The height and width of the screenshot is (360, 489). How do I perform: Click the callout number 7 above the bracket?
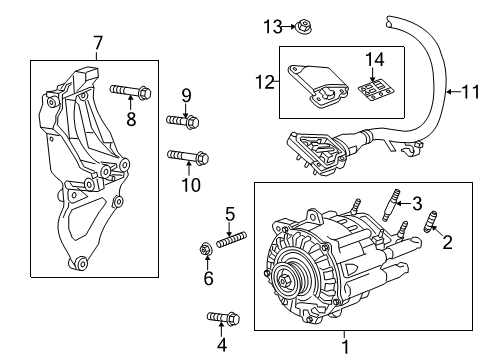[x=98, y=43]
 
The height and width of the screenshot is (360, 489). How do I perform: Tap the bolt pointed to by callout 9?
[x=182, y=121]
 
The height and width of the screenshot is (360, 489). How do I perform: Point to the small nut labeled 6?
[x=207, y=248]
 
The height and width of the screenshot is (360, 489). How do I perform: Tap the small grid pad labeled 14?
[x=373, y=91]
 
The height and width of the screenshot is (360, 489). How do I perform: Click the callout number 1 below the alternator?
[x=346, y=347]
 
